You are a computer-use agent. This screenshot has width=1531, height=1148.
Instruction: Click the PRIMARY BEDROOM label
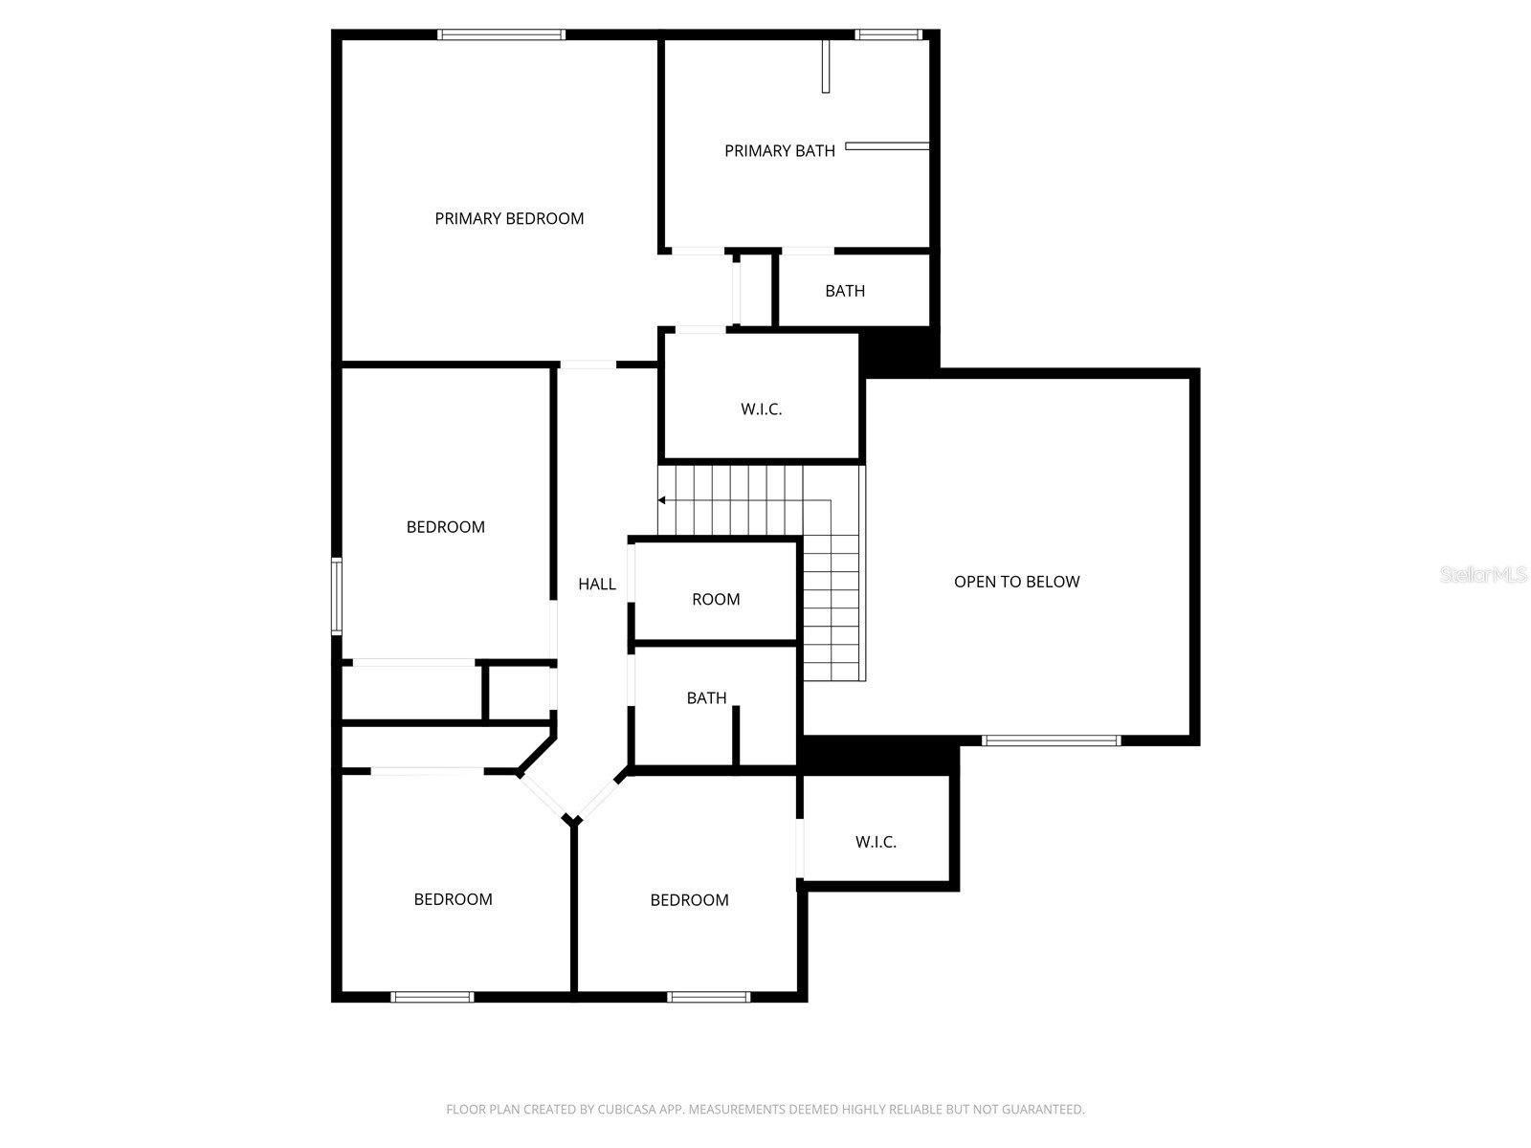[509, 218]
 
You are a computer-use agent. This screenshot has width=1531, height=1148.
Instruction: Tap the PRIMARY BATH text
[779, 150]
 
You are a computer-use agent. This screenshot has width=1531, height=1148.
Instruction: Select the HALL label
[597, 584]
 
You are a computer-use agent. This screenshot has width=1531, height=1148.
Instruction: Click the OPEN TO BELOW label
[1016, 582]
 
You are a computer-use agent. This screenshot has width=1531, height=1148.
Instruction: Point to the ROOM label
[716, 599]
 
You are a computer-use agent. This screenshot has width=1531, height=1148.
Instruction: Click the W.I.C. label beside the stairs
[761, 408]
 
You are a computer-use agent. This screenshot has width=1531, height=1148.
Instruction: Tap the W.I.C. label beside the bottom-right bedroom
[876, 842]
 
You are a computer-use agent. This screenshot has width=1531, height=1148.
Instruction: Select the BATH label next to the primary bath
[845, 291]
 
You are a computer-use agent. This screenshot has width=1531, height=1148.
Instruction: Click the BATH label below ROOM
[706, 698]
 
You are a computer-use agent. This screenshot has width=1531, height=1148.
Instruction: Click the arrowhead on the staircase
[661, 500]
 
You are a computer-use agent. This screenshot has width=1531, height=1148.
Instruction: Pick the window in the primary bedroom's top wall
[501, 35]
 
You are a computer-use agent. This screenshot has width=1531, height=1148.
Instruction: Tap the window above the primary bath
[888, 35]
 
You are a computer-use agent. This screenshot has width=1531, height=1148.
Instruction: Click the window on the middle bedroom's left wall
[337, 597]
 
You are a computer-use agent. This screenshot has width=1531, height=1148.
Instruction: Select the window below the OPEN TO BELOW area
[1051, 740]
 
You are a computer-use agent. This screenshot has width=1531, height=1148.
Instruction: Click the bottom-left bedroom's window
[433, 997]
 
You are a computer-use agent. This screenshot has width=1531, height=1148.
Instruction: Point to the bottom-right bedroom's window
[708, 997]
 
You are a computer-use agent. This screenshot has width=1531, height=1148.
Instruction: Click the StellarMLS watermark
[1483, 574]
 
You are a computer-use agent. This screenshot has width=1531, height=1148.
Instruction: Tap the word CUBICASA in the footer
[631, 1110]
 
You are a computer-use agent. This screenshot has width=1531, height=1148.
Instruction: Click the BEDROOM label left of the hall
[445, 527]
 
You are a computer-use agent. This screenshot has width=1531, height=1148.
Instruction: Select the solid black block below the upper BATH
[898, 350]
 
